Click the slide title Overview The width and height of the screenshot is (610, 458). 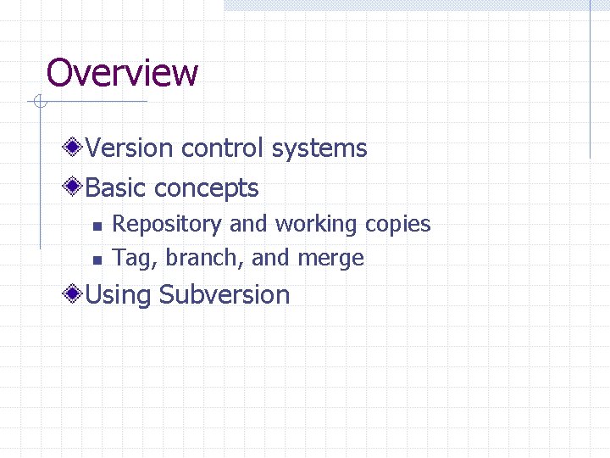122,73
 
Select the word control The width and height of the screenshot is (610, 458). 223,148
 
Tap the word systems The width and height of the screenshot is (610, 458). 319,148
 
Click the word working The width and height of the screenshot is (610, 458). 317,225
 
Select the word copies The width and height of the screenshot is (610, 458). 398,225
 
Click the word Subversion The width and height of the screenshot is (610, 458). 225,295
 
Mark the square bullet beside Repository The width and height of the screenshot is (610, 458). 96,226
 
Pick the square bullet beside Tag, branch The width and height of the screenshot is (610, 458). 96,260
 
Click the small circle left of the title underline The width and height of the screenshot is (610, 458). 39,103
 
